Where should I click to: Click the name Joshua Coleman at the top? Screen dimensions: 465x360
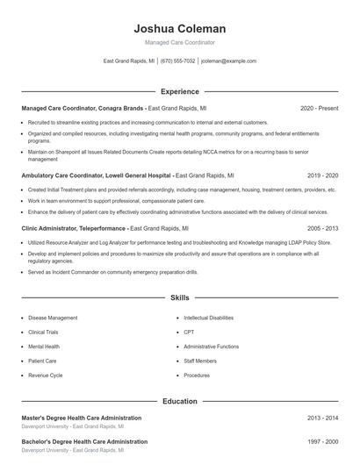click(x=179, y=28)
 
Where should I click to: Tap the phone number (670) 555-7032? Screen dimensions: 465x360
click(x=177, y=61)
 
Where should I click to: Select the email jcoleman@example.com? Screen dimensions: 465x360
click(x=228, y=61)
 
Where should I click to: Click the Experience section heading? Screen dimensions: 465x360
click(x=179, y=91)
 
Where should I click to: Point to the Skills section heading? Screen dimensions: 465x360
click(x=179, y=298)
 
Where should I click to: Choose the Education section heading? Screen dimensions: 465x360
click(x=179, y=401)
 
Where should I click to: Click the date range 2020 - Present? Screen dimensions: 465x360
click(x=319, y=108)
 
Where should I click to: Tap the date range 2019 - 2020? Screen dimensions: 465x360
click(x=322, y=175)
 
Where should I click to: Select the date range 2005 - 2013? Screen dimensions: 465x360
click(x=322, y=227)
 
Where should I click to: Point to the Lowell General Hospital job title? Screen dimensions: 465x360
click(x=97, y=175)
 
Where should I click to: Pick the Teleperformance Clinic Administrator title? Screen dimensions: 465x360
click(x=74, y=227)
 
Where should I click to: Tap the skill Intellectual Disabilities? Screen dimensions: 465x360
click(x=209, y=318)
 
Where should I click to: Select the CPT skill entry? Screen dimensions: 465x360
click(x=189, y=333)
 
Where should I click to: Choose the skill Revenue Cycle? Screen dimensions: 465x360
click(x=45, y=375)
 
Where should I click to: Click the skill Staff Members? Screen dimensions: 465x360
click(x=200, y=361)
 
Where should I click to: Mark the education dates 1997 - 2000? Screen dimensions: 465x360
click(x=322, y=441)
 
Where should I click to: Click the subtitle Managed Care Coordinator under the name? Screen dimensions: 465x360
click(x=179, y=42)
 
